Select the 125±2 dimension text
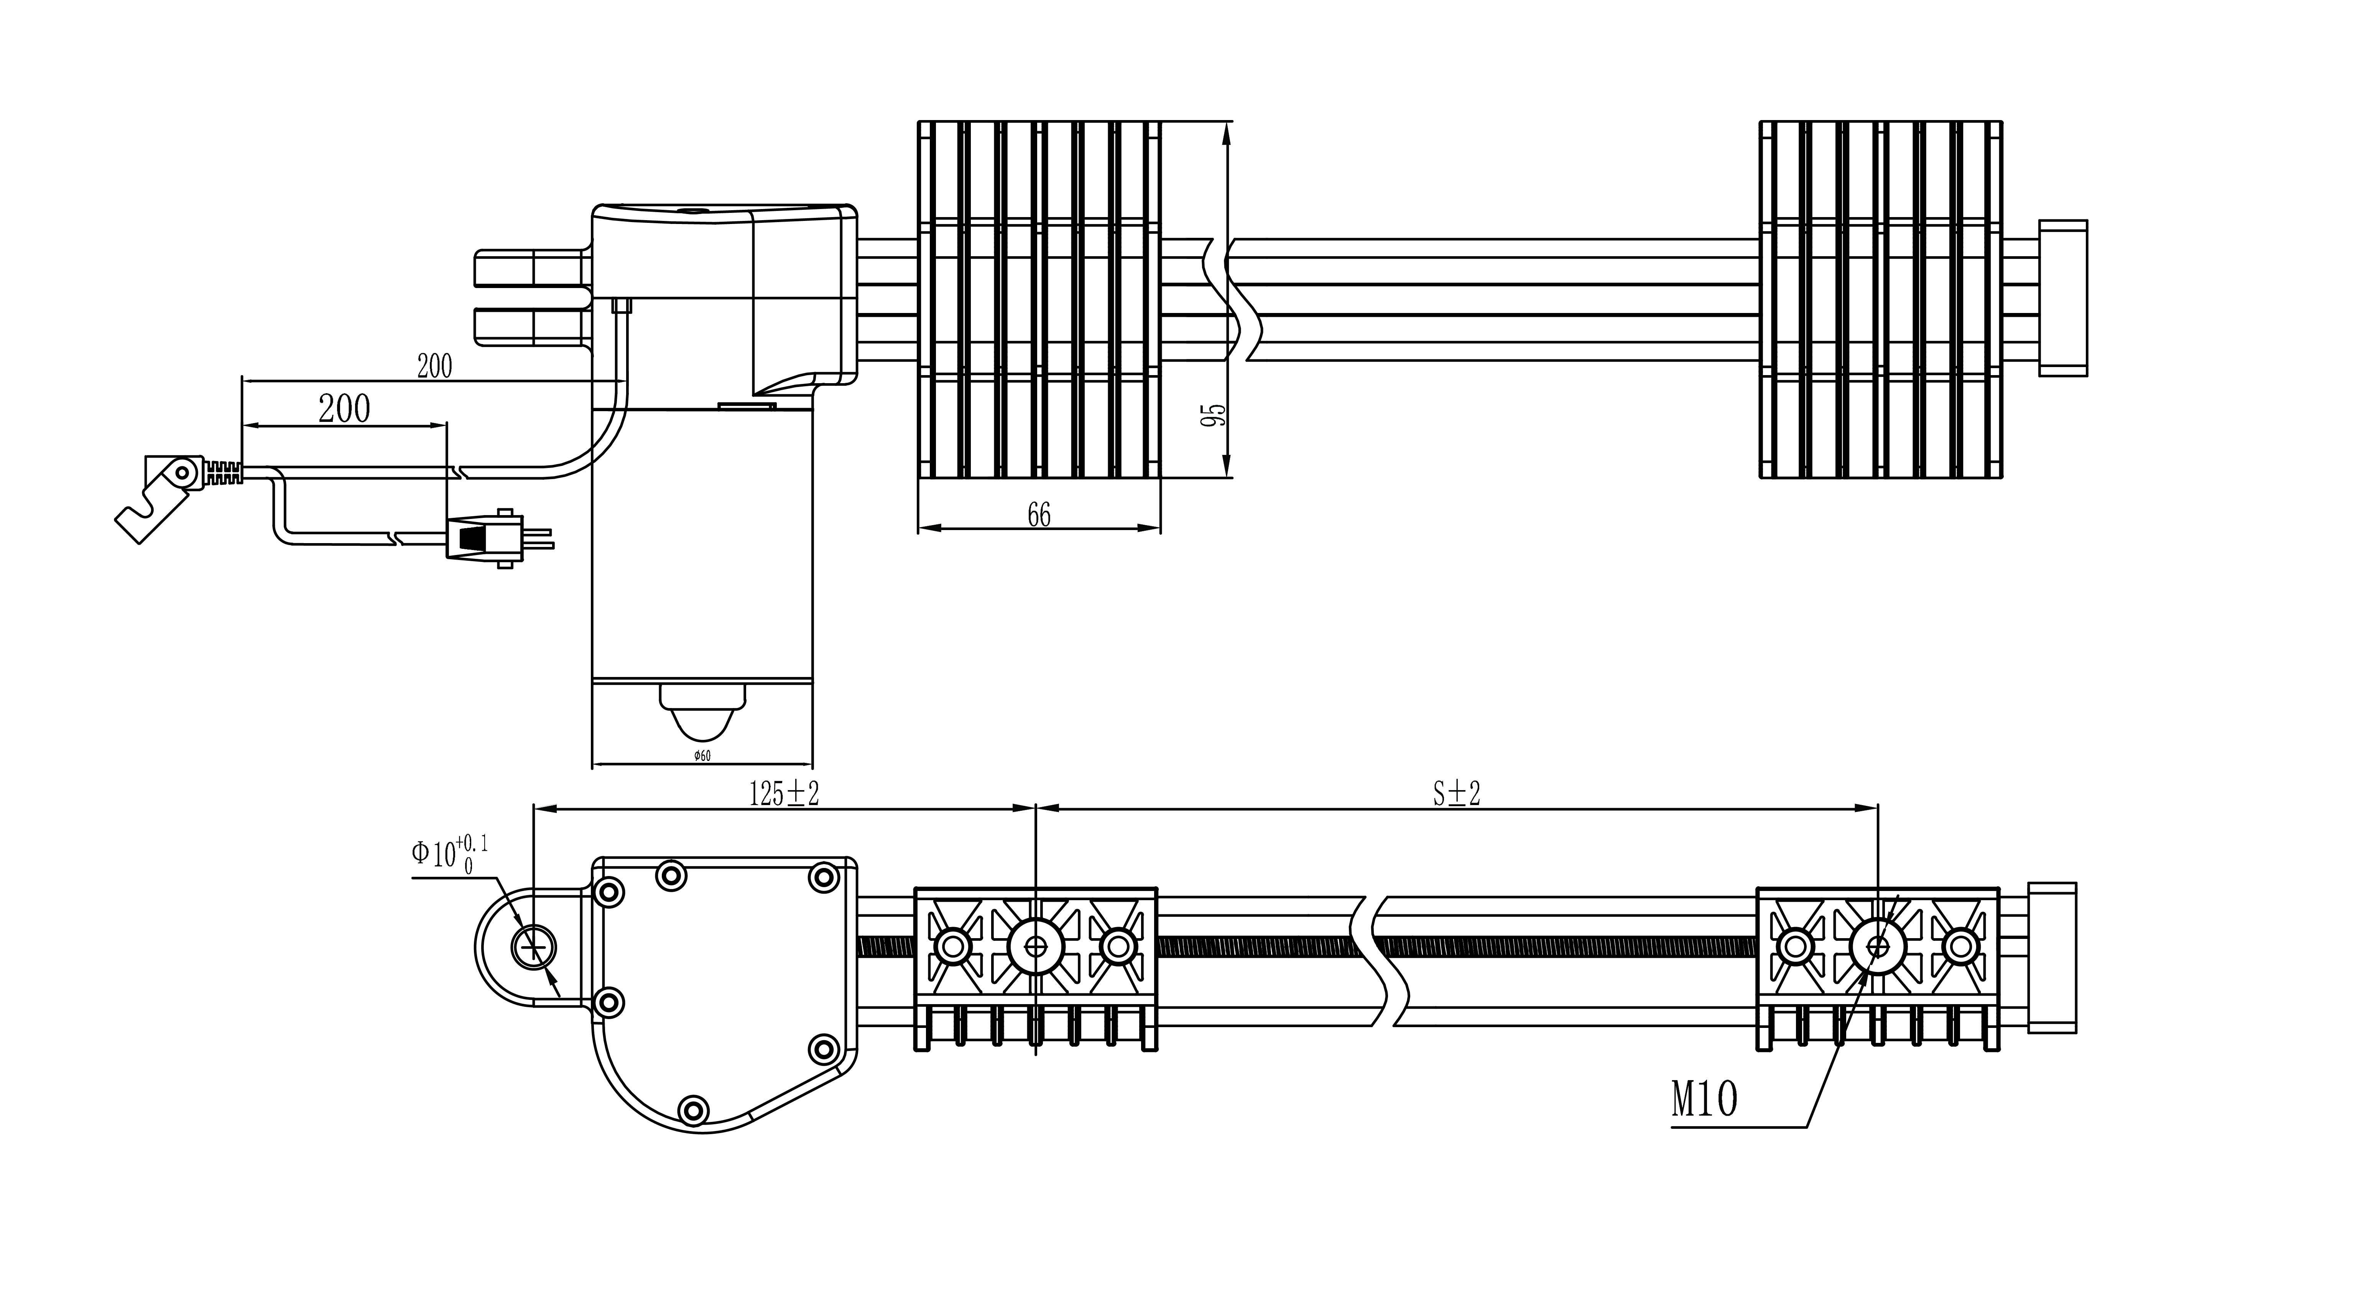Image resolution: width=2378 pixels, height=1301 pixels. coord(784,794)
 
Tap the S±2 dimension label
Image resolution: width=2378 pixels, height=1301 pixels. coord(1457,794)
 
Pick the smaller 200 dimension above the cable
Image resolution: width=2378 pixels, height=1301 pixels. coord(435,367)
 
